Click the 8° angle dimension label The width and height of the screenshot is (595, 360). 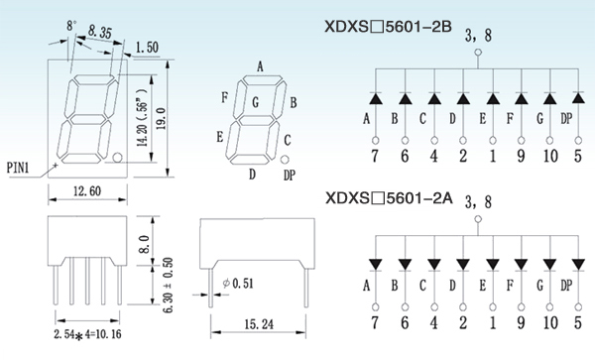pos(71,26)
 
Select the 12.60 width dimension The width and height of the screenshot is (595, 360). pos(87,190)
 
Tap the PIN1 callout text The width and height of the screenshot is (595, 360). pos(18,168)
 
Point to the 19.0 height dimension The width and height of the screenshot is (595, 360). pos(161,119)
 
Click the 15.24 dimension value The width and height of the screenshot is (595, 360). pos(259,324)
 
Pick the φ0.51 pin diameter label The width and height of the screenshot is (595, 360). pos(238,283)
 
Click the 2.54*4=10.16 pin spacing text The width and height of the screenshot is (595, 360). pos(87,334)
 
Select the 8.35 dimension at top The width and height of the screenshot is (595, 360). pos(100,33)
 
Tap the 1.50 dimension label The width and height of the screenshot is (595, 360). pos(147,47)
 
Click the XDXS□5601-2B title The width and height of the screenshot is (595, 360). pos(388,27)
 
